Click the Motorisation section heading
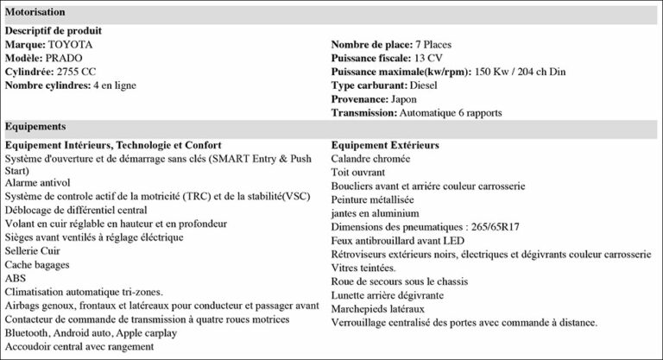tap(35, 12)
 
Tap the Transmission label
tap(363, 113)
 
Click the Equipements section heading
tap(35, 126)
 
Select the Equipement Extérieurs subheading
tap(385, 145)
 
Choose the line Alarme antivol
tap(40, 197)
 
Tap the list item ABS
tap(16, 278)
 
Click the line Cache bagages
tap(37, 265)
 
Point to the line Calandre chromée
tap(370, 159)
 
